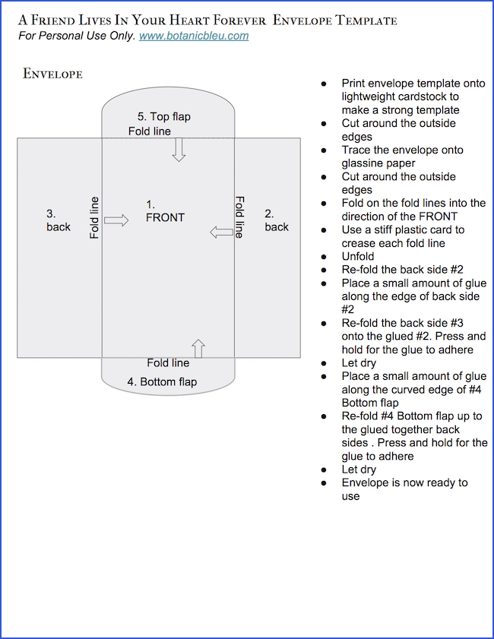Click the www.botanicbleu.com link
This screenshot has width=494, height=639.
tap(194, 36)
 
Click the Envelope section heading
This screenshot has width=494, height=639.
tap(52, 74)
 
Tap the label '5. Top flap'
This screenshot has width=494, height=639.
tap(163, 116)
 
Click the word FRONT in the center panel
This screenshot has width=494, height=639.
tap(165, 217)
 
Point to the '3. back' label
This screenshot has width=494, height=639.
tap(58, 220)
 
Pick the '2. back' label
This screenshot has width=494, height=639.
tap(277, 220)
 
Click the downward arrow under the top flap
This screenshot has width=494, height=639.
tap(179, 150)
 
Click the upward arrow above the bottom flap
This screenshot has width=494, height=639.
tap(198, 348)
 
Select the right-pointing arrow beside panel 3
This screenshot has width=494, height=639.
tap(116, 220)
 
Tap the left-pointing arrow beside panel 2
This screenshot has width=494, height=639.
tap(221, 233)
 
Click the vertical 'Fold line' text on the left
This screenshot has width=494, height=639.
tap(94, 218)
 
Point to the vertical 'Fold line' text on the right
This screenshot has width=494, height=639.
tap(239, 217)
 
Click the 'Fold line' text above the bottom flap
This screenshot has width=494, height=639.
tap(168, 363)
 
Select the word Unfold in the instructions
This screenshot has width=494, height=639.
tap(358, 257)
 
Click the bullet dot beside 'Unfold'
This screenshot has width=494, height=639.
tap(325, 257)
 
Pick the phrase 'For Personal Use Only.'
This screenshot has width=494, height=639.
tap(77, 36)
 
